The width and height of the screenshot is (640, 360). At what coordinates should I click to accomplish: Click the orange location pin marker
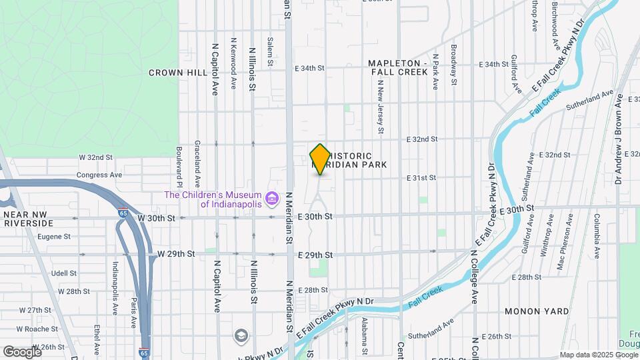(320, 159)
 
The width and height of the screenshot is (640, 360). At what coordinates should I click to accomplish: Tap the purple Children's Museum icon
(271, 199)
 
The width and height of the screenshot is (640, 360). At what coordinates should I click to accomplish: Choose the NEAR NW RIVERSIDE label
(32, 219)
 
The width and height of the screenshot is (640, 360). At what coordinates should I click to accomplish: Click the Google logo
(21, 351)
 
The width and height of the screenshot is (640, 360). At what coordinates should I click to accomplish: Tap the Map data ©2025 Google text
(598, 355)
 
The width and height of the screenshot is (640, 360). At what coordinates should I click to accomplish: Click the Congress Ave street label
(100, 175)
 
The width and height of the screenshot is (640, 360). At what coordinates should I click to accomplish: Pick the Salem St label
(271, 52)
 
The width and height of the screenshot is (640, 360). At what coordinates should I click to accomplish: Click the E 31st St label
(422, 178)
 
